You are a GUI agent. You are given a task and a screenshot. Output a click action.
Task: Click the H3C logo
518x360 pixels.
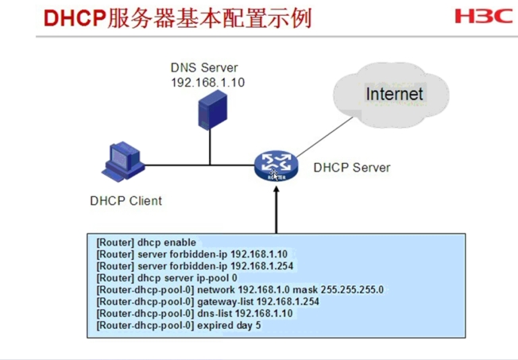pyautogui.click(x=484, y=16)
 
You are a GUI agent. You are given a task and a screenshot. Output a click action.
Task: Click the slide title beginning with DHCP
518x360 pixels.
pyautogui.click(x=178, y=17)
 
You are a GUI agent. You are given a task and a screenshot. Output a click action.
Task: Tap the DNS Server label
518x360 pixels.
pyautogui.click(x=204, y=68)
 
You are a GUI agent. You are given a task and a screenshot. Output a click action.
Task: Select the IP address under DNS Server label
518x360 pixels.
pyautogui.click(x=208, y=83)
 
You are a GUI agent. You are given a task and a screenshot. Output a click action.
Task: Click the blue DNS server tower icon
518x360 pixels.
pyautogui.click(x=212, y=110)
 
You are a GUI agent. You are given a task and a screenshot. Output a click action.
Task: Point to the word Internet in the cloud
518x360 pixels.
pyautogui.click(x=394, y=94)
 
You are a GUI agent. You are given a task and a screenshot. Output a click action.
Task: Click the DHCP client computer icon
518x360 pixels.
pyautogui.click(x=123, y=161)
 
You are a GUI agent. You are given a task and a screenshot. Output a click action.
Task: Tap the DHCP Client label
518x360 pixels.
pyautogui.click(x=126, y=201)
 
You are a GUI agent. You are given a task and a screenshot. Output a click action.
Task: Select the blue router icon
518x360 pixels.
pyautogui.click(x=276, y=166)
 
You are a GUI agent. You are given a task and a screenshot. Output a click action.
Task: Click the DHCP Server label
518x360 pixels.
pyautogui.click(x=352, y=168)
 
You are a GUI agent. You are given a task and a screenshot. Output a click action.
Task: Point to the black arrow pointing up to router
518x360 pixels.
pyautogui.click(x=276, y=210)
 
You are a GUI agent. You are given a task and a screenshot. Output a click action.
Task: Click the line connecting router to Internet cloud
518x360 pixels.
pyautogui.click(x=324, y=137)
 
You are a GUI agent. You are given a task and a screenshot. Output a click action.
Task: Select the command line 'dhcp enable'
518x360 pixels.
pyautogui.click(x=146, y=242)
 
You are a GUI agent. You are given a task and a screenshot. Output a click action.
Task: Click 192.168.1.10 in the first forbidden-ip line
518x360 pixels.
pyautogui.click(x=259, y=254)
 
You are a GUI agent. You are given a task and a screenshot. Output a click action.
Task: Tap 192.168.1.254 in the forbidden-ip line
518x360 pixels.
pyautogui.click(x=262, y=266)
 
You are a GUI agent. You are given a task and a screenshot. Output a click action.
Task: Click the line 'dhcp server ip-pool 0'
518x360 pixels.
pyautogui.click(x=167, y=278)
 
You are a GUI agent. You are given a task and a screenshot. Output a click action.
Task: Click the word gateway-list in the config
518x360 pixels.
pyautogui.click(x=226, y=302)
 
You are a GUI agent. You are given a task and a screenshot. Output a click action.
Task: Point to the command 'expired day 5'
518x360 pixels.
pyautogui.click(x=229, y=326)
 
